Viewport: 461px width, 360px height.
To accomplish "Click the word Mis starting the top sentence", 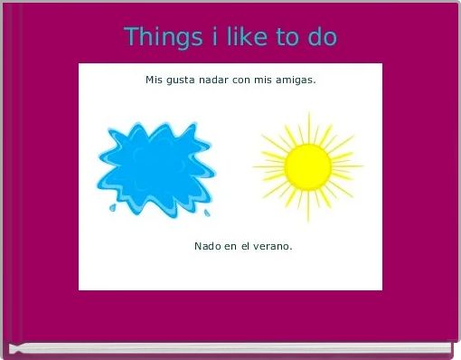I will (154, 80).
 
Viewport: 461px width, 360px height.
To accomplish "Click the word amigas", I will (296, 81).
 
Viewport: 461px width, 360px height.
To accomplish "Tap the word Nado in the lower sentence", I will (206, 246).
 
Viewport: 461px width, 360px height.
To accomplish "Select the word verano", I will (272, 246).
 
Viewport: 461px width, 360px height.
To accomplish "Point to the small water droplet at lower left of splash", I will (112, 207).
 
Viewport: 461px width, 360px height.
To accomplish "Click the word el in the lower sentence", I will (245, 246).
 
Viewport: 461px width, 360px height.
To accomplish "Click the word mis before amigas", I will (268, 80).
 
